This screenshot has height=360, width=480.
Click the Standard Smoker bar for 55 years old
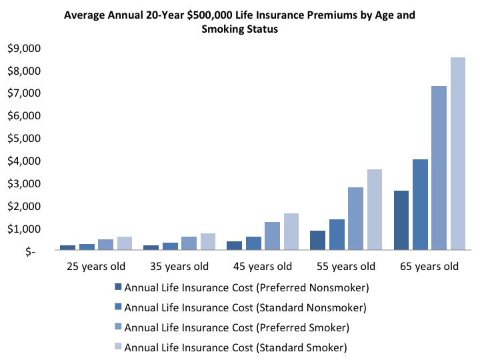pos(374,211)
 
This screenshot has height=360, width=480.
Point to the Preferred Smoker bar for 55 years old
pos(355,219)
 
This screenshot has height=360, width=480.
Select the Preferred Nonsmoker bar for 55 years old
pos(318,241)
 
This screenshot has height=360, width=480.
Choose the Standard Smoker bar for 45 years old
pos(291,233)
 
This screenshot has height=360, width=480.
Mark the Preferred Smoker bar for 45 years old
pos(272,237)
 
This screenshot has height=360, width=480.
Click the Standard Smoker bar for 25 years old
pos(124,244)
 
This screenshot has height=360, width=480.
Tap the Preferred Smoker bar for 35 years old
pos(189,244)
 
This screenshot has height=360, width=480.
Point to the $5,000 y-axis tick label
pos(23,139)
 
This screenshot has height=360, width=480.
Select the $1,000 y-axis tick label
pos(23,229)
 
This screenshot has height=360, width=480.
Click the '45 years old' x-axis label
pos(263,267)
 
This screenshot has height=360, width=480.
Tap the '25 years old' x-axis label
pos(97,267)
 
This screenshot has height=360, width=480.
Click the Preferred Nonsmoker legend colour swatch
pos(118,287)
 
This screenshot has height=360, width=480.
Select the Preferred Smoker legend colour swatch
pos(118,327)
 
